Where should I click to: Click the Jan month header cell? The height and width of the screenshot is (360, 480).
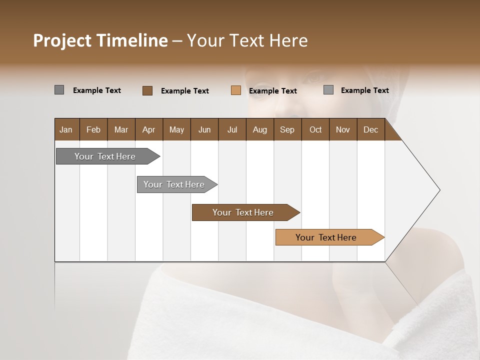tap(66, 129)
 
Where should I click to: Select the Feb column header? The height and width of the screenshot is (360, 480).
tap(93, 129)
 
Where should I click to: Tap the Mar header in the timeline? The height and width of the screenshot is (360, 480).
tap(121, 129)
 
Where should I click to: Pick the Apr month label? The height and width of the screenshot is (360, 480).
tap(149, 129)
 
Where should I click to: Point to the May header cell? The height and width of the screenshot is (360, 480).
tap(176, 129)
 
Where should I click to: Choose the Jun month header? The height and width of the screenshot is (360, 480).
tap(204, 129)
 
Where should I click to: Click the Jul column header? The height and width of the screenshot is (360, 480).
tap(232, 129)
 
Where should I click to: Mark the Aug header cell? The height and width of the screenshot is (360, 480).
tap(260, 129)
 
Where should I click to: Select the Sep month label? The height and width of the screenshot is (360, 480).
tap(287, 129)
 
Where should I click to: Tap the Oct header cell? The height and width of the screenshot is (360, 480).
tap(315, 129)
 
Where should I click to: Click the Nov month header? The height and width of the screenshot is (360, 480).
tap(343, 129)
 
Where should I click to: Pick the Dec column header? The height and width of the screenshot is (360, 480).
tap(371, 129)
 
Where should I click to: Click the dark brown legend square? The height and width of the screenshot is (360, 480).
tap(147, 90)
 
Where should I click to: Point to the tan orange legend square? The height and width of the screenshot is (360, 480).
tap(236, 90)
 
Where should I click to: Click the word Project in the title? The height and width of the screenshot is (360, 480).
tap(62, 40)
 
